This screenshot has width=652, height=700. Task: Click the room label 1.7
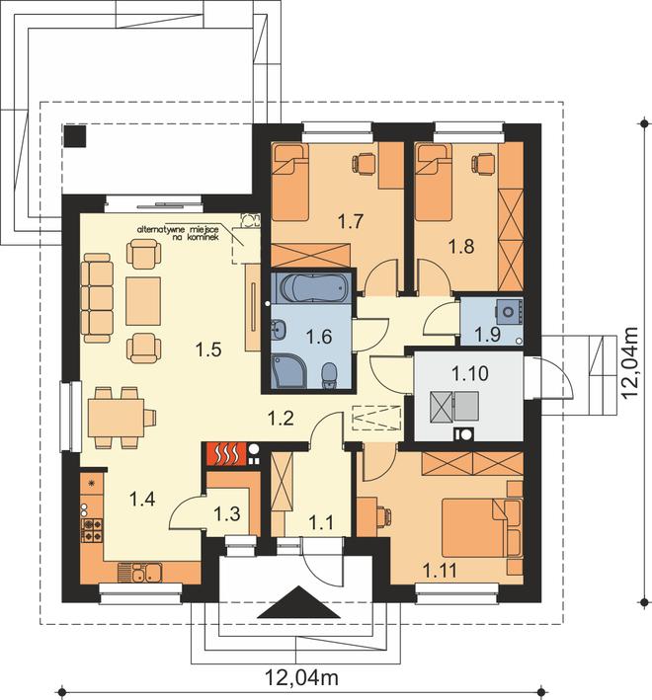[x=351, y=221]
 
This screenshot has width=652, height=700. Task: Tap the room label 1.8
[x=461, y=246]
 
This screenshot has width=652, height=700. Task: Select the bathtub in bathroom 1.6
[x=312, y=288]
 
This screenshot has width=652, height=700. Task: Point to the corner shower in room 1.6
[x=288, y=370]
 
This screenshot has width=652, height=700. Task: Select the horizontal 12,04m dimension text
[x=302, y=677]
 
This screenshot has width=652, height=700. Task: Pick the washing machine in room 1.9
[x=508, y=311]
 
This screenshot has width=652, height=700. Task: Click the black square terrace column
[x=74, y=135]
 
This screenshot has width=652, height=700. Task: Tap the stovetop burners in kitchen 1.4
[x=92, y=530]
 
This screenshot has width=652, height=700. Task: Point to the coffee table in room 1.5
[x=143, y=301]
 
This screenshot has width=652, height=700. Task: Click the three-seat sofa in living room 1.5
[x=96, y=298]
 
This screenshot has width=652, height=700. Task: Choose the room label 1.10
[x=470, y=373]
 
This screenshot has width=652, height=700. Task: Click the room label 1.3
[x=227, y=513]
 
